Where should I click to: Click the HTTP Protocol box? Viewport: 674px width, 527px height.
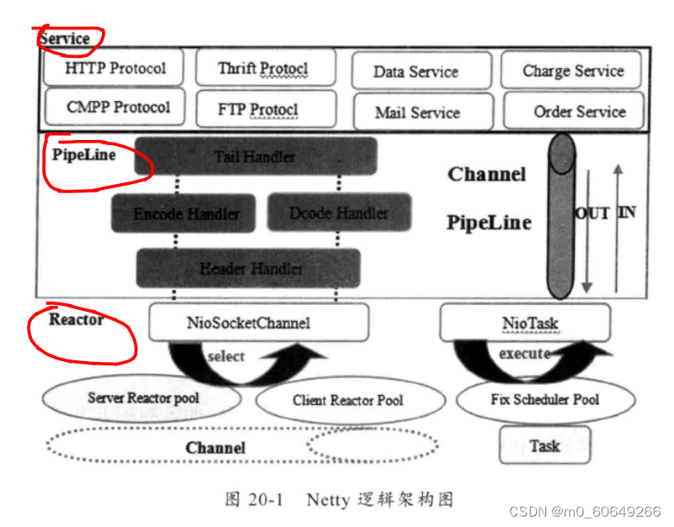tap(115, 68)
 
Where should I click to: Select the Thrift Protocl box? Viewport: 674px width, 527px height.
tap(262, 68)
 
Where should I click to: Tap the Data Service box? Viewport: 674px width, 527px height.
tap(421, 71)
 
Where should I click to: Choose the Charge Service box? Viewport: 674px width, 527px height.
tap(572, 71)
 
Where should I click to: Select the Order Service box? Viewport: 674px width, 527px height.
tap(574, 111)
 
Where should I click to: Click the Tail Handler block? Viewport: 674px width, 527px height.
tap(255, 156)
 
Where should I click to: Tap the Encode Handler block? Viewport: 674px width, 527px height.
tap(186, 213)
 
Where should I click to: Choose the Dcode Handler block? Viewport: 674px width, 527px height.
tap(338, 213)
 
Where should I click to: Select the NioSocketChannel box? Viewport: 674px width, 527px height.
tap(259, 322)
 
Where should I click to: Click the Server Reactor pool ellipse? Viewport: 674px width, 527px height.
tap(142, 398)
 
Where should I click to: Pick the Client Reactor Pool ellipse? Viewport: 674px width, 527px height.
tap(348, 400)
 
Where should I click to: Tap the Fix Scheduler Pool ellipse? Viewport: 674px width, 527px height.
tap(544, 399)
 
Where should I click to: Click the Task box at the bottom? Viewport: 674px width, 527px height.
tap(545, 446)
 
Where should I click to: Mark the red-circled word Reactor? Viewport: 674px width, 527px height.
tap(76, 320)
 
